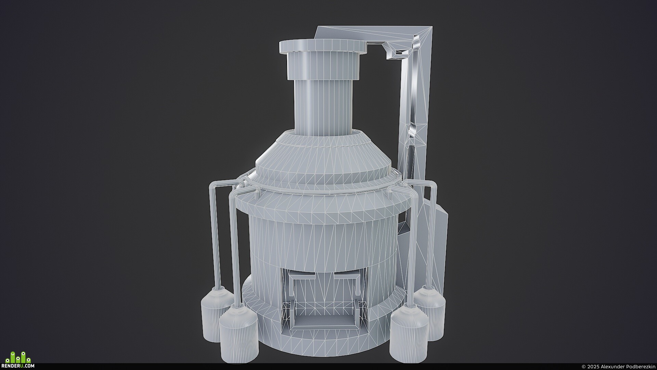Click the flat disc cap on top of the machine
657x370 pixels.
(x=323, y=46)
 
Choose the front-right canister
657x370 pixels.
(x=409, y=330)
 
